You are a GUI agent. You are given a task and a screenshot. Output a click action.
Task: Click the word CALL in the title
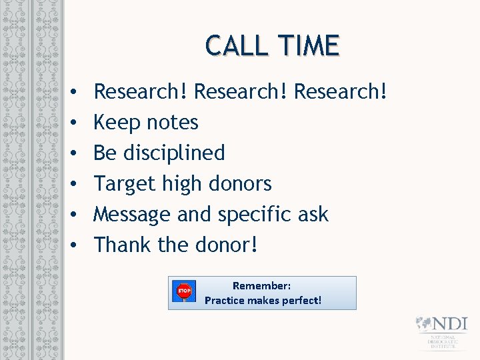pyautogui.click(x=234, y=45)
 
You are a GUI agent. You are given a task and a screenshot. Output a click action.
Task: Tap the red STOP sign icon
pyautogui.click(x=184, y=291)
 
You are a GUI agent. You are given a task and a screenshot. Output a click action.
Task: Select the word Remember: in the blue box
pyautogui.click(x=261, y=285)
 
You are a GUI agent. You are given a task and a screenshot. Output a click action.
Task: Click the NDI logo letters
pyautogui.click(x=451, y=324)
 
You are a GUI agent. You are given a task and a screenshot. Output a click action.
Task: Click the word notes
pyautogui.click(x=174, y=123)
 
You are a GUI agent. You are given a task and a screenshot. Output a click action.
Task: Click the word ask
pyautogui.click(x=313, y=214)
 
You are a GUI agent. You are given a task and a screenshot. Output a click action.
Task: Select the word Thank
pyautogui.click(x=123, y=245)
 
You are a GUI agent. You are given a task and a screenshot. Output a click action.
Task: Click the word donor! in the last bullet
pyautogui.click(x=227, y=245)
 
